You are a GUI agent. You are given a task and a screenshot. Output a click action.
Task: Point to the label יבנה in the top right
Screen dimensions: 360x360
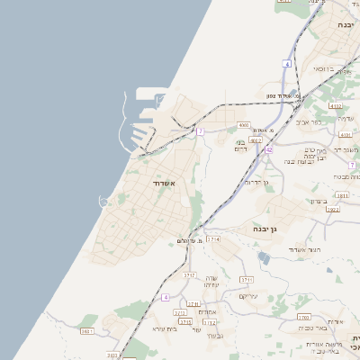(x=345, y=25)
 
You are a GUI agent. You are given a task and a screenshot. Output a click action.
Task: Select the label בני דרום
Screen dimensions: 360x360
(x=240, y=145)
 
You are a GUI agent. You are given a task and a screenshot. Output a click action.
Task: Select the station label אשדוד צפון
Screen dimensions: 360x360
(x=287, y=95)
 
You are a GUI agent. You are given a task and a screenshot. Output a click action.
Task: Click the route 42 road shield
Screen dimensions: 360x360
(x=268, y=150)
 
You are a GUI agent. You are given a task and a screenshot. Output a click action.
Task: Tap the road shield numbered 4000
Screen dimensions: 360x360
(x=243, y=125)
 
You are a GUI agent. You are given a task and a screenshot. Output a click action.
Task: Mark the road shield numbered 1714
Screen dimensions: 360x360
(x=213, y=238)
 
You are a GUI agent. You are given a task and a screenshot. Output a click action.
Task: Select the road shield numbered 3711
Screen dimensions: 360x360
(x=247, y=281)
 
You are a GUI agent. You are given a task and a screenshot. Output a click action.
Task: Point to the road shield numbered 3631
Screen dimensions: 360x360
(x=86, y=331)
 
